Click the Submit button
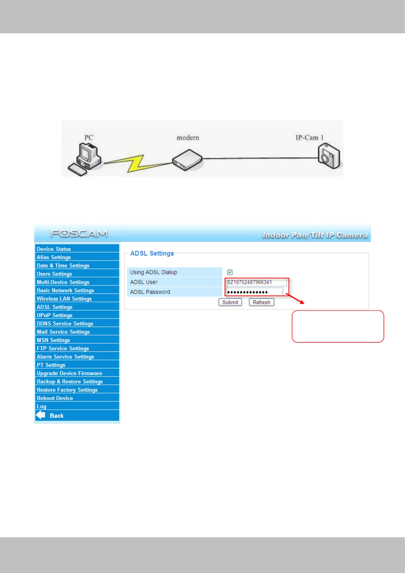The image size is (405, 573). click(230, 302)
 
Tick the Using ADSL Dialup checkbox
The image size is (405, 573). click(230, 272)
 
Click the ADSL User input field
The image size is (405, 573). click(256, 282)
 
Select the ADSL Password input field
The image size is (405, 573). click(254, 292)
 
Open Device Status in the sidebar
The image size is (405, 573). click(54, 249)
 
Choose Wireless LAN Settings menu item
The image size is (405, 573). click(64, 299)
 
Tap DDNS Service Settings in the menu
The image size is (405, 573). click(65, 324)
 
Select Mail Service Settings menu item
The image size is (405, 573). click(63, 332)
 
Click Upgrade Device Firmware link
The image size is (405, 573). click(69, 373)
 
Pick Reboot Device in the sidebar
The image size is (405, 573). click(55, 398)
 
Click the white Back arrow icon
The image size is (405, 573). click(40, 415)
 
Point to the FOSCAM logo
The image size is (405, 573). click(79, 233)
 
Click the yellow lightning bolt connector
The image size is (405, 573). click(136, 163)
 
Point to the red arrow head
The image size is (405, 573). click(302, 302)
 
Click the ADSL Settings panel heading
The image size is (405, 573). click(152, 253)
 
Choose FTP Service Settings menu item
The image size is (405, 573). click(63, 348)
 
